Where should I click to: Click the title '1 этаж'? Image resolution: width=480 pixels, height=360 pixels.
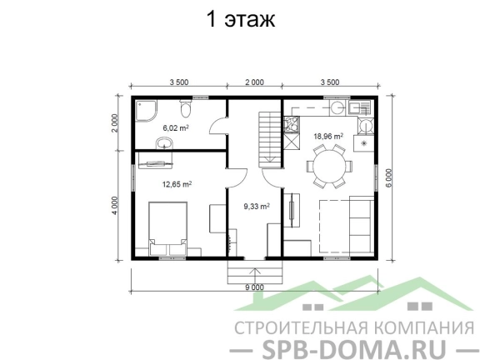coord(241,19)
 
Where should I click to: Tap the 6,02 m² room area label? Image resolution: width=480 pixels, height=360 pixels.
coord(176,128)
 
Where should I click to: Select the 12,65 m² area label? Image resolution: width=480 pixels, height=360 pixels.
coord(177,184)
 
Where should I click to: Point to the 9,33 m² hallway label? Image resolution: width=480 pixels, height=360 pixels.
coord(257,207)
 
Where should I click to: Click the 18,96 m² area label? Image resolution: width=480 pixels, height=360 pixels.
coord(328,136)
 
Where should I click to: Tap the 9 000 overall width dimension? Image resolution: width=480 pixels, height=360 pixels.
coord(254,287)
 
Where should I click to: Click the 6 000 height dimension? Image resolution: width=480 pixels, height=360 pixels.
coord(389,177)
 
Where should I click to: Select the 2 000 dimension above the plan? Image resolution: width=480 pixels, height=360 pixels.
coord(254,82)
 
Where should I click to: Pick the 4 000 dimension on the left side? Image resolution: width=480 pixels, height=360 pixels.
coord(114,205)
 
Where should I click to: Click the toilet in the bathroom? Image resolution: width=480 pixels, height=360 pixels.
coord(186,108)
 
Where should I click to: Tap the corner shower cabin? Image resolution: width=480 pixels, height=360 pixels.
coord(146,111)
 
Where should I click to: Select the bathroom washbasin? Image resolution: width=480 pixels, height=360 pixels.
coord(165,143)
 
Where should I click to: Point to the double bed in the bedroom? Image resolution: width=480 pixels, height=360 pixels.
coord(167,228)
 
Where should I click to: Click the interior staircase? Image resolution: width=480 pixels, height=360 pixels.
coord(270,140)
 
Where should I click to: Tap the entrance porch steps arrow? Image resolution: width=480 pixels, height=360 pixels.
coord(255,275)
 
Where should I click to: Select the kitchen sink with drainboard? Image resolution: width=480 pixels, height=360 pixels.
coord(359,107)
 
